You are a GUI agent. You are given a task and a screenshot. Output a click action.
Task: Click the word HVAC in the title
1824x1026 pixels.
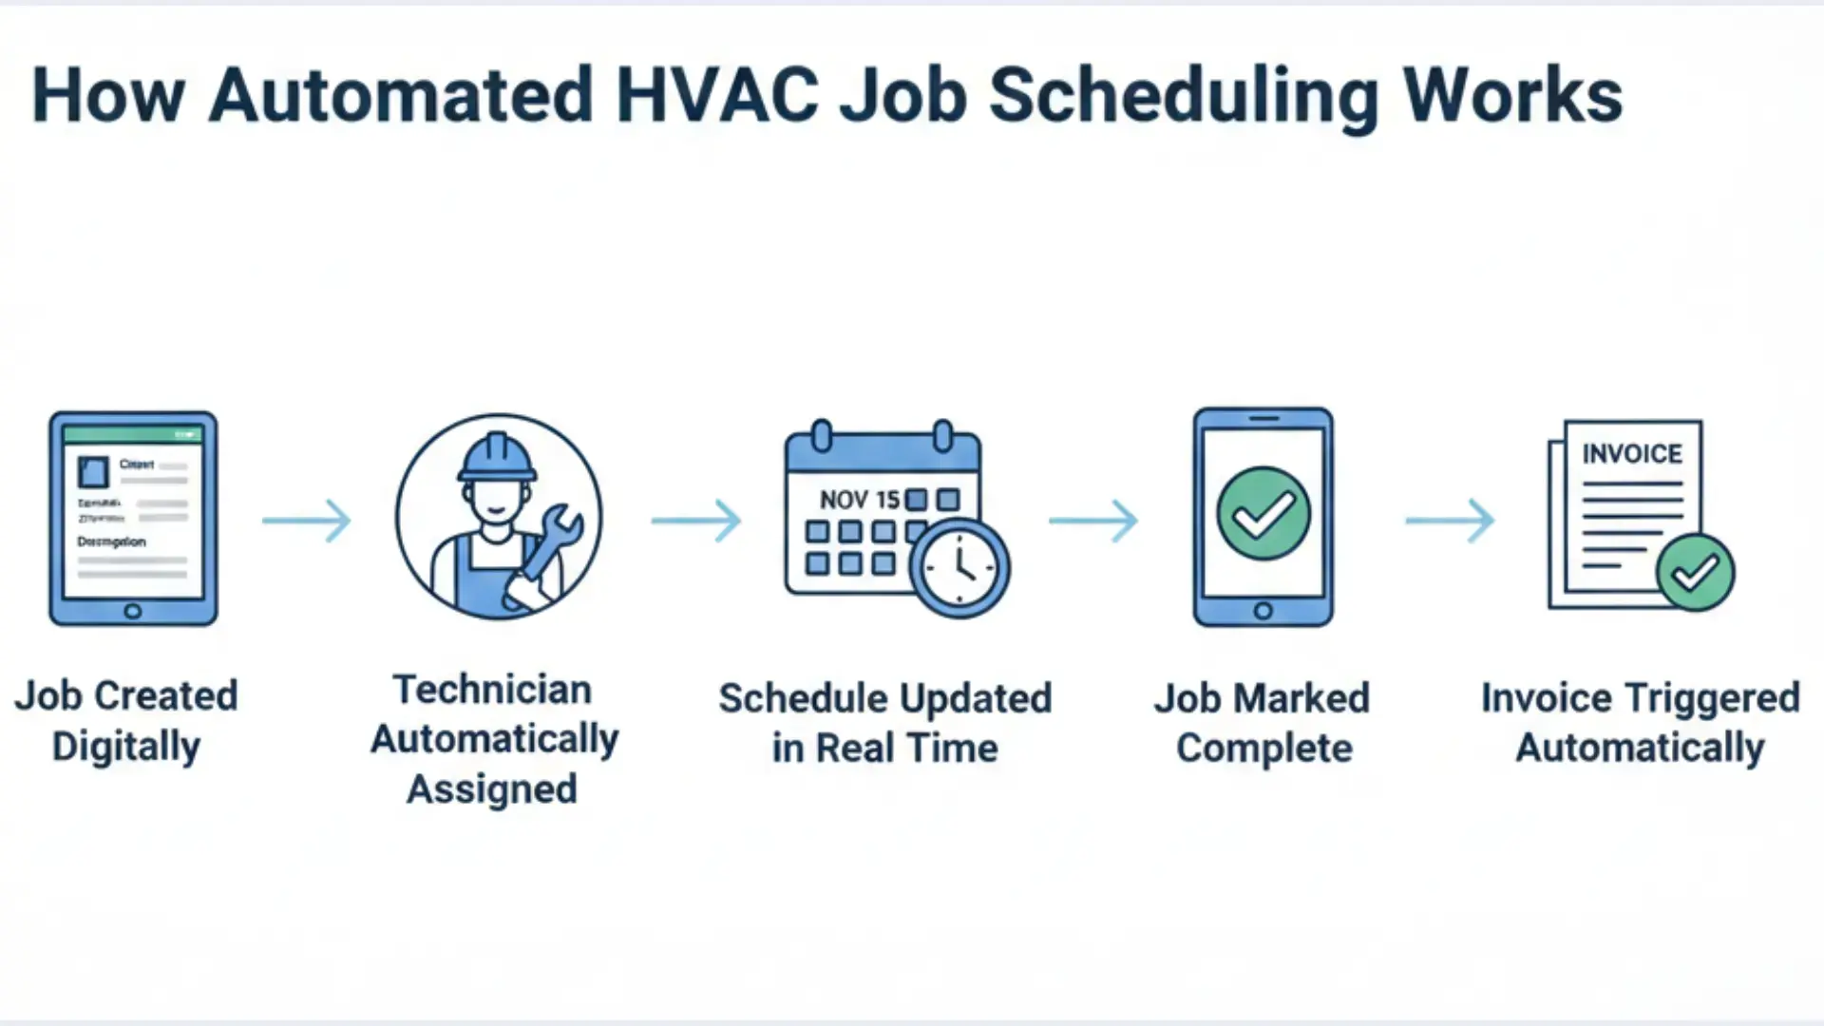[x=716, y=96]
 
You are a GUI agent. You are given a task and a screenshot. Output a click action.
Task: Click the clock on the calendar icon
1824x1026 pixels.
[x=959, y=567]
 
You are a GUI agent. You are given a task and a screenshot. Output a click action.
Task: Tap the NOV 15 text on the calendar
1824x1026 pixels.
[x=859, y=500]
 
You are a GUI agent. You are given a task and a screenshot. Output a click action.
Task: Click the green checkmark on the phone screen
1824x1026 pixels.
[x=1263, y=513]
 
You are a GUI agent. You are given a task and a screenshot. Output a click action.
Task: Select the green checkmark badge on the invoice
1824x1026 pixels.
[x=1695, y=572]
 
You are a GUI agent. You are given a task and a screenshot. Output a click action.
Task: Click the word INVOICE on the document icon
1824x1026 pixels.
[x=1632, y=454]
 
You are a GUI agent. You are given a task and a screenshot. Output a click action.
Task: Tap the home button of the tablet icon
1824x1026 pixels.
[x=133, y=611]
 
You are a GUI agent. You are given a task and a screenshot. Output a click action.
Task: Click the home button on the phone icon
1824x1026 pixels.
[x=1263, y=611]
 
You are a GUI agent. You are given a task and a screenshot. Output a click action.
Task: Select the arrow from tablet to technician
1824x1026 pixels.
[x=307, y=520]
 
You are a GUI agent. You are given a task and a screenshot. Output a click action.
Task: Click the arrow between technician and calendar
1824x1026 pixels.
[x=696, y=520]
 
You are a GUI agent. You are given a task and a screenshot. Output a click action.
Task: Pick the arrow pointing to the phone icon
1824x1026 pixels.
[x=1093, y=520]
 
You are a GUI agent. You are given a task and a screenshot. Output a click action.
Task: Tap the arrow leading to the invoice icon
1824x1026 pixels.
[x=1450, y=520]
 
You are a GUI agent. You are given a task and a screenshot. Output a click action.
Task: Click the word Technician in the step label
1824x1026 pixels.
[x=492, y=690]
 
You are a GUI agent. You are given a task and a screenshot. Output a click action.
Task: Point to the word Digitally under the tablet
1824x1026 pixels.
[x=126, y=747]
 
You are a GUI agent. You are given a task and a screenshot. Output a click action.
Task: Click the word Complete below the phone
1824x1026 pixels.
[x=1263, y=749]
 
